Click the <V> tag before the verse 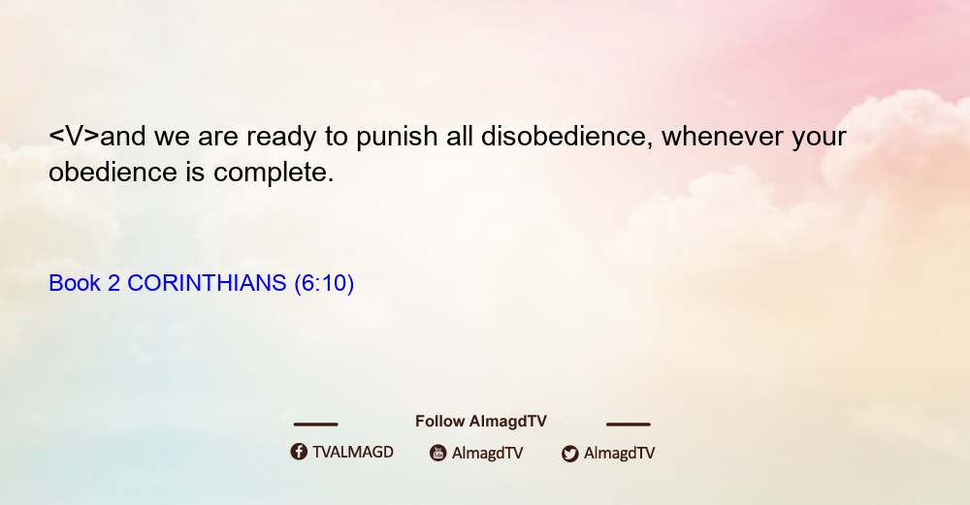click(74, 136)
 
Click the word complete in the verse click(274, 173)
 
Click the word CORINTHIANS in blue click(207, 283)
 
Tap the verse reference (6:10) click(324, 283)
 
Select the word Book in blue click(75, 283)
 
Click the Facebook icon click(299, 452)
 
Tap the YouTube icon click(438, 453)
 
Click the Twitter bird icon click(569, 453)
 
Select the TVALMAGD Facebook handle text click(353, 452)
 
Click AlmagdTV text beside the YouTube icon click(488, 453)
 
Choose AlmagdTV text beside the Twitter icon click(619, 453)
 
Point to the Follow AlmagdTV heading click(481, 422)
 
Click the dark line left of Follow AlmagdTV click(315, 424)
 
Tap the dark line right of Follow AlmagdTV click(629, 424)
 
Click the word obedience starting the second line click(113, 172)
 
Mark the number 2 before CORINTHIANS click(113, 283)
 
